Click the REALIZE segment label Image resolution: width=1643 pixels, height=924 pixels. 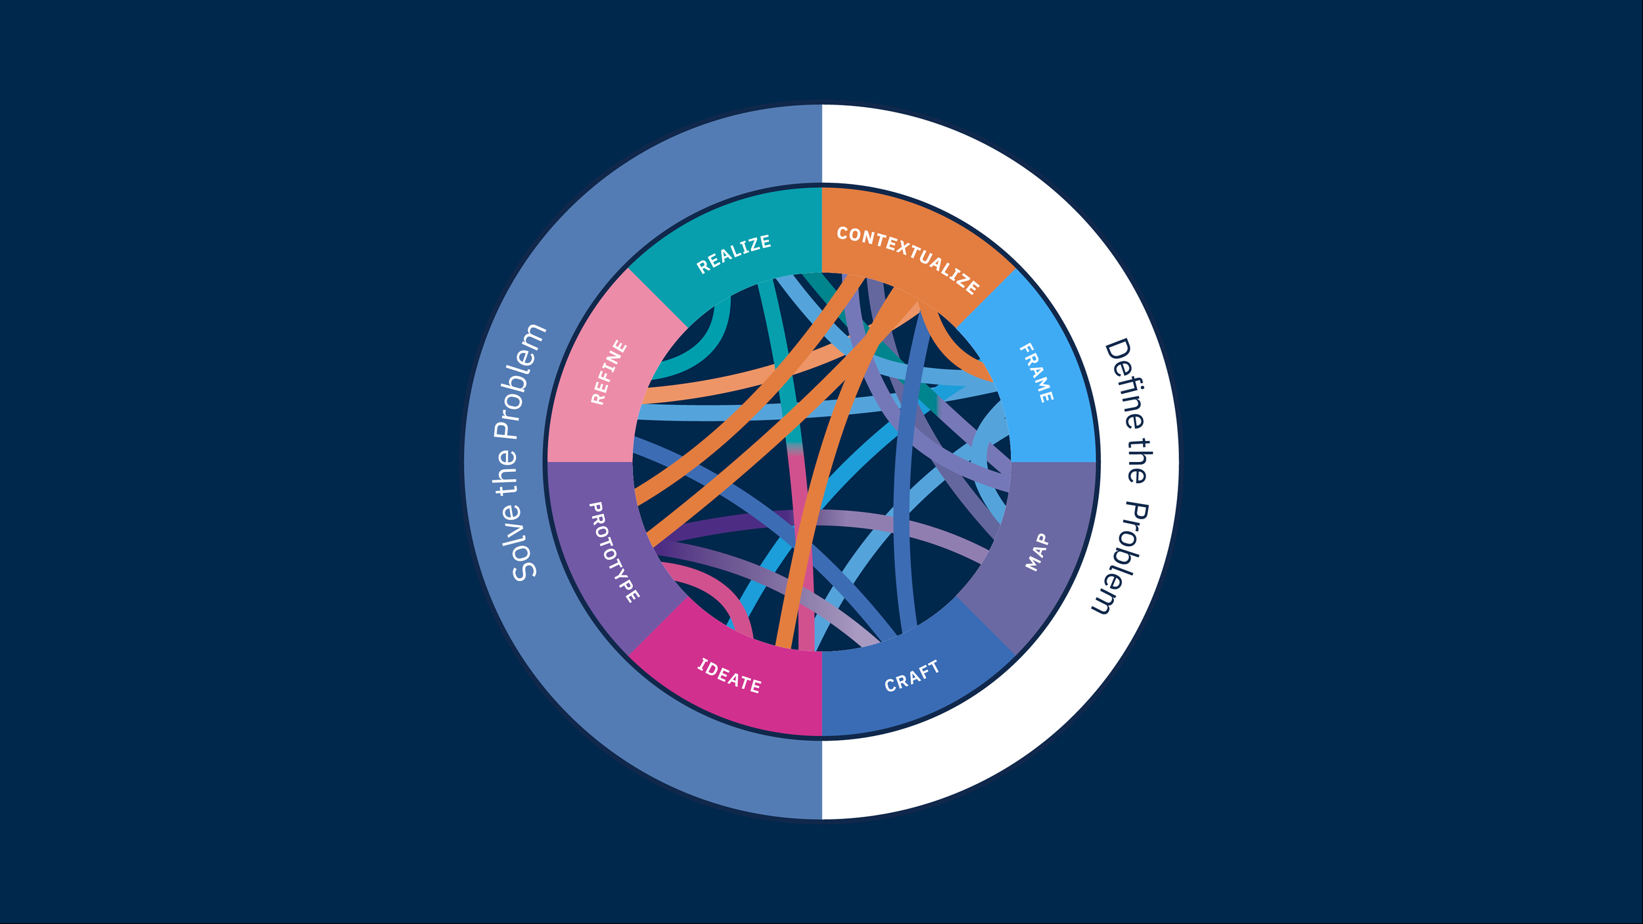(x=733, y=254)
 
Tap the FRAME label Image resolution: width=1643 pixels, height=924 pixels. (x=1036, y=373)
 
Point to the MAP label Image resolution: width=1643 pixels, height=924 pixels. (x=1037, y=551)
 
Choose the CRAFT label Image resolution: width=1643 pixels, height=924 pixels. (x=912, y=676)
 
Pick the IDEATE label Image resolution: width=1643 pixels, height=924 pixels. (x=729, y=676)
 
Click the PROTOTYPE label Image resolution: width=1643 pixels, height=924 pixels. (x=614, y=551)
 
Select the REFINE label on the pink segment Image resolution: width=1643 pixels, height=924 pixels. (x=609, y=372)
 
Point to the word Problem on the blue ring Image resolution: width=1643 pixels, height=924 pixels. (x=520, y=381)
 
